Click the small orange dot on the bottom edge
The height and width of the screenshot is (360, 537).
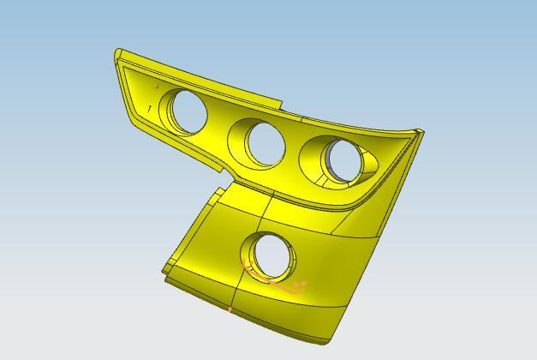pyautogui.click(x=230, y=308)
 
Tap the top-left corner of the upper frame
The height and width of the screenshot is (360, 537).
pyautogui.click(x=117, y=53)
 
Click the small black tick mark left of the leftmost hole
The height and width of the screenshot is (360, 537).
pyautogui.click(x=151, y=108)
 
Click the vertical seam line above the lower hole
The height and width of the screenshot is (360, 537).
pyautogui.click(x=269, y=210)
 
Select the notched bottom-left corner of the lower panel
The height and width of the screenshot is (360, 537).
pyautogui.click(x=164, y=272)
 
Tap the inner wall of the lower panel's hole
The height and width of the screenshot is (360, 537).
pyautogui.click(x=260, y=254)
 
